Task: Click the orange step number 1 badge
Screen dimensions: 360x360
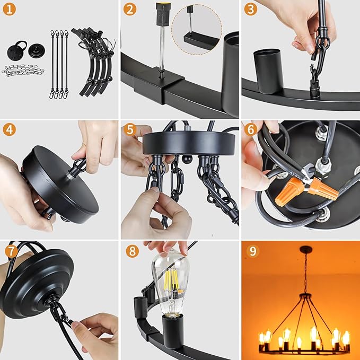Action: click(9, 10)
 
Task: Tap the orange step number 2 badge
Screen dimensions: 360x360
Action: click(130, 10)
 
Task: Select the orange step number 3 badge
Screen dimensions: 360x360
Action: click(250, 10)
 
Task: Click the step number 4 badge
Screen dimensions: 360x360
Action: click(9, 129)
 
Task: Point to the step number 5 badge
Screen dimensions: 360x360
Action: click(130, 129)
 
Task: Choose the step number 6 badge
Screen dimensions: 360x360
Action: click(250, 129)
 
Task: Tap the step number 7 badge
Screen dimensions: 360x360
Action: click(11, 251)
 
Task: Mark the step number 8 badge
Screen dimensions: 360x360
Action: click(132, 251)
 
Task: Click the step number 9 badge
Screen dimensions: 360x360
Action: click(253, 251)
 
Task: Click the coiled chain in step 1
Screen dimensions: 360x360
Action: click(23, 71)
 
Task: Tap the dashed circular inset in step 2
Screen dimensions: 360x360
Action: click(197, 29)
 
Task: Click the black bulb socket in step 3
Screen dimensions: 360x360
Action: click(268, 71)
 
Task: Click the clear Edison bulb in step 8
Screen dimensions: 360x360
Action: click(171, 284)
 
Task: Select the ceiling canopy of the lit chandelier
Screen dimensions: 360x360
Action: click(306, 249)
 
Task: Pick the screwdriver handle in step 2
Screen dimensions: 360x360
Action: click(163, 14)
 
